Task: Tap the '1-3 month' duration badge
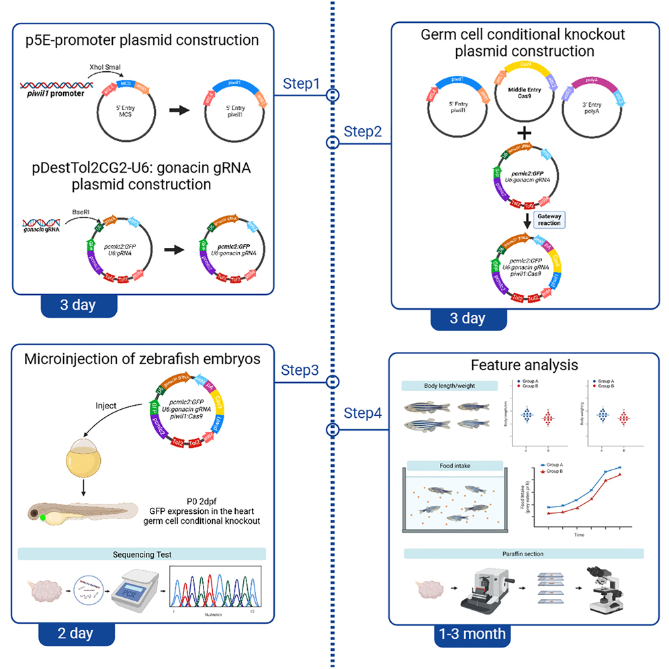point(470,633)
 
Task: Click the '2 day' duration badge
point(76,633)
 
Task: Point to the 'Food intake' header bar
point(453,465)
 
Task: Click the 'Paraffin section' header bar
point(524,553)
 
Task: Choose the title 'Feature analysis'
point(523,365)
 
